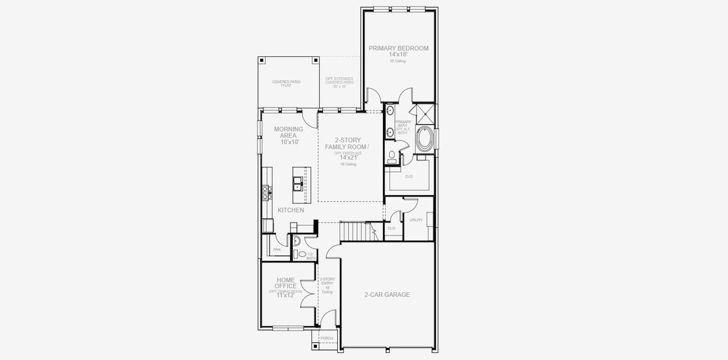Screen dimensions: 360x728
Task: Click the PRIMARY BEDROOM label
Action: click(x=399, y=48)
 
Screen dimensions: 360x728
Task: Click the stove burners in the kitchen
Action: click(x=267, y=193)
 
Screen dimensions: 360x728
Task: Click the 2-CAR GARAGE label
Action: click(x=387, y=295)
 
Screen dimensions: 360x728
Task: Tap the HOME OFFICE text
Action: click(x=286, y=283)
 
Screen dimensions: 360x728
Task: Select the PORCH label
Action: click(x=326, y=338)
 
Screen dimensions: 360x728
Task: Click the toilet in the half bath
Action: click(x=302, y=254)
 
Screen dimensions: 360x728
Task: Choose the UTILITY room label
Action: click(x=416, y=220)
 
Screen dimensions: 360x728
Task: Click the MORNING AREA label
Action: click(x=289, y=132)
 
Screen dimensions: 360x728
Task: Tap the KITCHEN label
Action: click(x=290, y=210)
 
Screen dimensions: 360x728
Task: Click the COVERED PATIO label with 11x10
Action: click(x=286, y=83)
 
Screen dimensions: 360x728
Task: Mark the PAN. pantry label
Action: click(x=277, y=250)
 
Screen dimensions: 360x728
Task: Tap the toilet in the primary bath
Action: click(x=393, y=156)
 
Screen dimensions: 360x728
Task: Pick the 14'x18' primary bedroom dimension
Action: click(x=399, y=55)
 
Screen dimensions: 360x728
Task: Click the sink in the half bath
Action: click(x=295, y=242)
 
